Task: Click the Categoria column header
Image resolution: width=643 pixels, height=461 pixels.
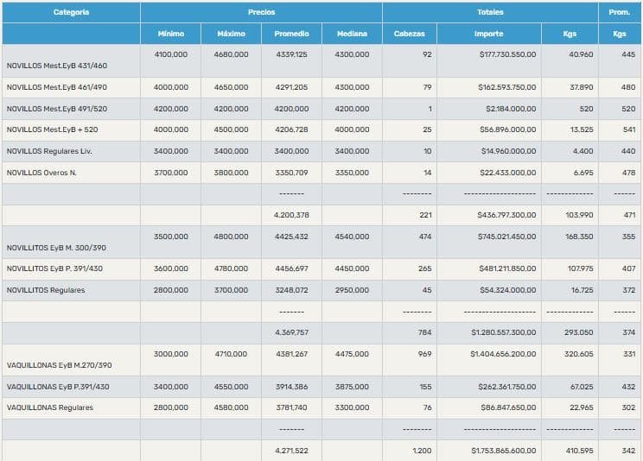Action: coord(71,12)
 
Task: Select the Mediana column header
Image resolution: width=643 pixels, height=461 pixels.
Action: coord(352,34)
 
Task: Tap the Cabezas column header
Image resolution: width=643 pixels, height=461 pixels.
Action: coord(409,34)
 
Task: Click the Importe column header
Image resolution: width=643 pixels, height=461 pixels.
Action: coord(488,34)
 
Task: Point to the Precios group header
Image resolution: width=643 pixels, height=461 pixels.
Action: coord(261,12)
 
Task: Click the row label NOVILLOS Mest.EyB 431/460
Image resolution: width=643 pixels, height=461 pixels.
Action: coord(57,66)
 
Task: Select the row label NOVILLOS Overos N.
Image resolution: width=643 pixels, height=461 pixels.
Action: coord(41,173)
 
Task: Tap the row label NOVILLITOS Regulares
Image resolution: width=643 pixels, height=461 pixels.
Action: coord(46,290)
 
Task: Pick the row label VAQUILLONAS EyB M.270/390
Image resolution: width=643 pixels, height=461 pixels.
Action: coord(59,365)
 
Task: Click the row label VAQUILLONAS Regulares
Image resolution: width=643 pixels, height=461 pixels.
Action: coord(49,407)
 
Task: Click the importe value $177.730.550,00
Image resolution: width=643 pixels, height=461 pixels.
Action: coord(508,54)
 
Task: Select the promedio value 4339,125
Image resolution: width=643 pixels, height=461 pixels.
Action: coord(290,54)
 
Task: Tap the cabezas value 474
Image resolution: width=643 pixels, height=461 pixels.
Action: coord(423,236)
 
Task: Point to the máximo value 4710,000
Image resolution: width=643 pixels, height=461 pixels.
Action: coord(231,354)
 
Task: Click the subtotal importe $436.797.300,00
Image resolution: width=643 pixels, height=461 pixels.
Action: coord(507,215)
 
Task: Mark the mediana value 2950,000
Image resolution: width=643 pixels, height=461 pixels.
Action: coord(352,290)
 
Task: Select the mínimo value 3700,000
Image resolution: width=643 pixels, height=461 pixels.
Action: coord(171,173)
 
